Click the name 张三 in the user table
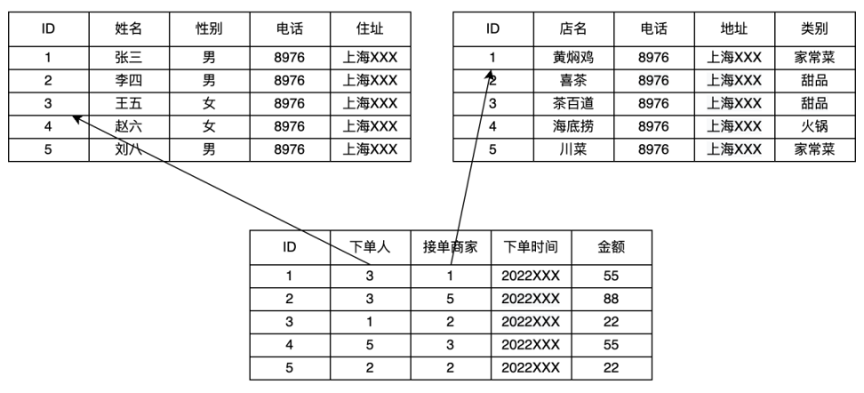coord(129,57)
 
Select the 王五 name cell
coord(129,104)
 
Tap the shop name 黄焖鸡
coord(573,57)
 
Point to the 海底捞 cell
coord(573,126)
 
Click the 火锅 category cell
coord(814,126)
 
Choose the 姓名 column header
coord(129,28)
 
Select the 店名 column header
coord(573,28)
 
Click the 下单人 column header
coord(370,247)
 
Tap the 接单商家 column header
coord(450,247)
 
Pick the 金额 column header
coord(611,247)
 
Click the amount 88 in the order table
coord(611,299)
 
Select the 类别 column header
coord(814,28)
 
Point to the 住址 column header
coord(371,28)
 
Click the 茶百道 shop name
coord(573,104)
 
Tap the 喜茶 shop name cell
coord(573,81)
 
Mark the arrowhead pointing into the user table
coord(76,118)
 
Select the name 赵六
coord(129,126)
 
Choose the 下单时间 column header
coord(531,247)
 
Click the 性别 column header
coord(210,28)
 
